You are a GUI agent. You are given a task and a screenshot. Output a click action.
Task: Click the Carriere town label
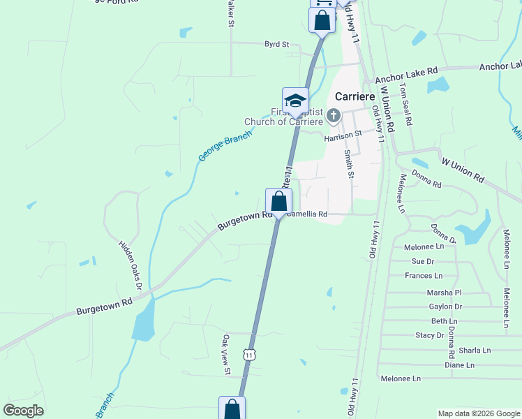(356, 96)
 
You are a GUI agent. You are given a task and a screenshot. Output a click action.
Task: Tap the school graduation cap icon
(295, 100)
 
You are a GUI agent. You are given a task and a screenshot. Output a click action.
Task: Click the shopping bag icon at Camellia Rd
(278, 202)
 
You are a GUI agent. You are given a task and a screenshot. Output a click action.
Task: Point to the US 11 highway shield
(250, 355)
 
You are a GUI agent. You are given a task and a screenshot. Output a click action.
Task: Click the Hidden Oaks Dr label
(130, 266)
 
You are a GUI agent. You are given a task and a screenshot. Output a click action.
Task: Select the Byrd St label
(276, 45)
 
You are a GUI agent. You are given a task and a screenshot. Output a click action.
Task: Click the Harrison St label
(343, 134)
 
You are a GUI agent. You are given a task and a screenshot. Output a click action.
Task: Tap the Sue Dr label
(423, 261)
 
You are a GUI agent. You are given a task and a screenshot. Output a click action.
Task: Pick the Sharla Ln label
(474, 350)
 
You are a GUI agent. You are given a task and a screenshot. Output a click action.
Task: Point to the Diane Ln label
(459, 365)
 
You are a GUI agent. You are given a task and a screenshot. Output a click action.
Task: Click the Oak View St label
(226, 355)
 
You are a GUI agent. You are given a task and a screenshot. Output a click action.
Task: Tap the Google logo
(24, 411)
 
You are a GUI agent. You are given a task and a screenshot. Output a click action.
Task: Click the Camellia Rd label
(307, 214)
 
